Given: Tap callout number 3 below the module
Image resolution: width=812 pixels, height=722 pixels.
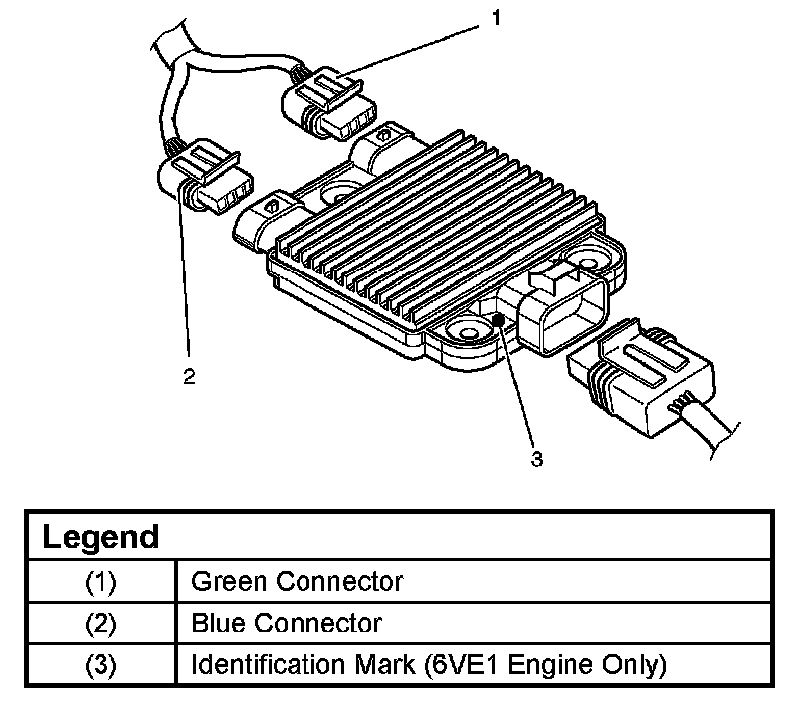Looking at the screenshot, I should point(537,458).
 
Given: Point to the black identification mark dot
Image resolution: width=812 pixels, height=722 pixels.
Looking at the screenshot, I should point(501,319).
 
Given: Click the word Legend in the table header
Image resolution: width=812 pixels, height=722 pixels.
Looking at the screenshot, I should point(101,537).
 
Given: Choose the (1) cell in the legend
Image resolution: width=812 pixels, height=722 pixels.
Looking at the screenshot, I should point(101,581).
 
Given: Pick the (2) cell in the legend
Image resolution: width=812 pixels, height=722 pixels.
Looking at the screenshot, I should point(101,624).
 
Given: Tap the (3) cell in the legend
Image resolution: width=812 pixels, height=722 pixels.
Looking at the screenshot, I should point(101,664).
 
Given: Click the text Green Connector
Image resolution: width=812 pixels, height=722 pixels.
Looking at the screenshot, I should point(297,581).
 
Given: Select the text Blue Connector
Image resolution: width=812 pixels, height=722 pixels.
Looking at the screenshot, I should point(286,624).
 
